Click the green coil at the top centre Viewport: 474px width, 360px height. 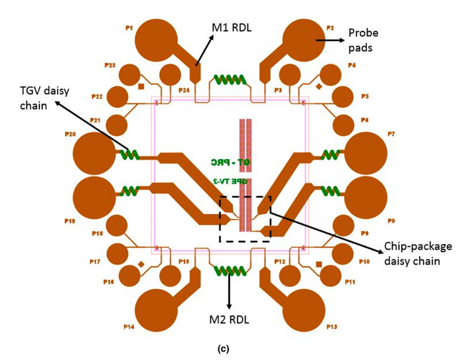(x=230, y=79)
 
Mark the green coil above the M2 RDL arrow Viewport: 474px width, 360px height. (x=230, y=271)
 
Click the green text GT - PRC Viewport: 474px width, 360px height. (x=228, y=163)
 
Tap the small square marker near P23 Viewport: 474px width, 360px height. (x=140, y=86)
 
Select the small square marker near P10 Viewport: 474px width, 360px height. (x=319, y=264)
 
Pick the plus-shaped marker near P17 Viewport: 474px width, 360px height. (x=140, y=264)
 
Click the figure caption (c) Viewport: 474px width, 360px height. (x=237, y=350)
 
